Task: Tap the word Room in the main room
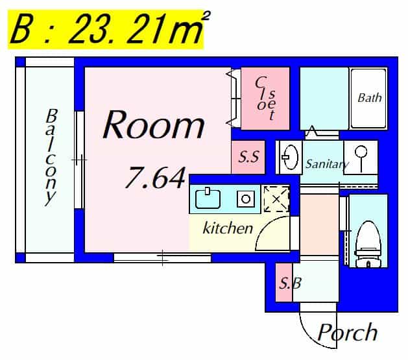[x=154, y=125]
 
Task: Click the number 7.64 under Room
[x=155, y=177]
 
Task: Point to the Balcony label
[x=51, y=157]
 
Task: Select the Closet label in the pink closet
[x=265, y=98]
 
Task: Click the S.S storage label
[x=248, y=157]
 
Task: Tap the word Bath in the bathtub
[x=370, y=98]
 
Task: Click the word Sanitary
[x=327, y=164]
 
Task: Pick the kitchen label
[x=228, y=228]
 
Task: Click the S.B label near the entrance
[x=290, y=283]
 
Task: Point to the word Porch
[x=348, y=333]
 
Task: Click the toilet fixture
[x=368, y=244]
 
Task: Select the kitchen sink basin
[x=208, y=198]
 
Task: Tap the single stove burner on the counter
[x=246, y=199]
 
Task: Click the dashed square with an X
[x=276, y=200]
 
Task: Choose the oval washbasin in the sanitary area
[x=290, y=157]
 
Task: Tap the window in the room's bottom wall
[x=162, y=258]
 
